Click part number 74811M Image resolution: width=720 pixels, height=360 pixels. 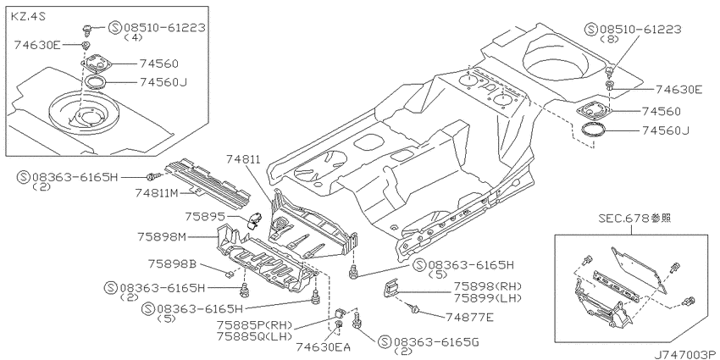[x=158, y=193]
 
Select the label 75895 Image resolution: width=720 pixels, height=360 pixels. [x=206, y=215]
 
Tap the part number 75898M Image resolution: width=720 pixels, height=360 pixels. [x=161, y=237]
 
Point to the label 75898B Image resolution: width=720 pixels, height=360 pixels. [x=172, y=264]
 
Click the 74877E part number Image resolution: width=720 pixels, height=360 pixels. [x=468, y=317]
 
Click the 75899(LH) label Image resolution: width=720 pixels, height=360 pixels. [x=488, y=298]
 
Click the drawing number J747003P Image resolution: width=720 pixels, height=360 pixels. [x=685, y=354]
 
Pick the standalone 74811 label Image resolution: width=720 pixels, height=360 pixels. [x=243, y=159]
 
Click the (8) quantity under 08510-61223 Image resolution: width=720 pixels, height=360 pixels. [x=609, y=40]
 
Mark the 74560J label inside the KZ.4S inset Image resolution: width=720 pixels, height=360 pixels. [x=158, y=83]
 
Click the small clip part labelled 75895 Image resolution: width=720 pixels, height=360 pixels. [x=254, y=219]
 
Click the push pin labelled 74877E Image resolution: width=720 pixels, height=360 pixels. [x=416, y=310]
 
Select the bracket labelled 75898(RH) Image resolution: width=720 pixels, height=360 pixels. [x=390, y=290]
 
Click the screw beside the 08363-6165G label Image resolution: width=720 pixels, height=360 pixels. [x=357, y=319]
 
